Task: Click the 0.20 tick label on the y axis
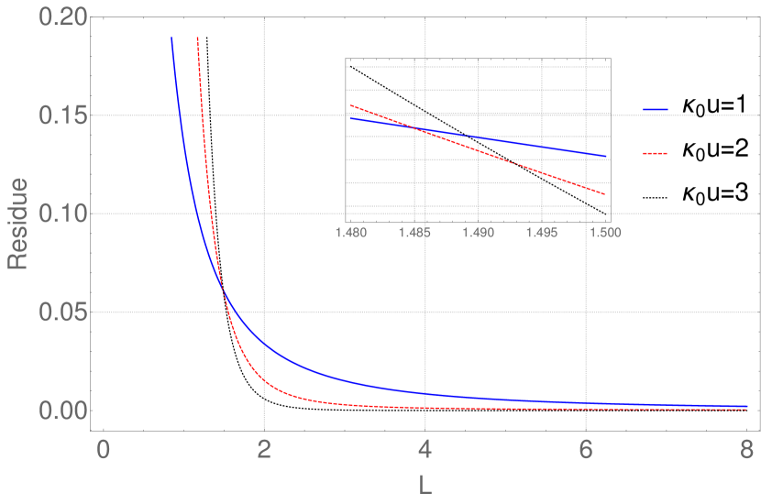[x=61, y=18]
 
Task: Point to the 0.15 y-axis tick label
[x=61, y=116]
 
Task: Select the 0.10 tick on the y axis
[x=61, y=214]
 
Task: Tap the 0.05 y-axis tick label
[x=61, y=312]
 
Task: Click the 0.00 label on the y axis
[x=61, y=411]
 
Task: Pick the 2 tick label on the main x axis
[x=264, y=450]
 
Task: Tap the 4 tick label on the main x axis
[x=425, y=450]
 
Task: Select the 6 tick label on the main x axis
[x=586, y=450]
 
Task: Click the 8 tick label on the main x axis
[x=746, y=450]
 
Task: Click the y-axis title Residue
[x=17, y=224]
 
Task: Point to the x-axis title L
[x=425, y=487]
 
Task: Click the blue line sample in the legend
[x=656, y=110]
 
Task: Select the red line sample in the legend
[x=656, y=153]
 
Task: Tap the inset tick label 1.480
[x=349, y=233]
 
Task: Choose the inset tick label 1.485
[x=414, y=233]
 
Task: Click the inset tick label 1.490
[x=478, y=233]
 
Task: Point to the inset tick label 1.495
[x=542, y=233]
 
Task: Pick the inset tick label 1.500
[x=605, y=233]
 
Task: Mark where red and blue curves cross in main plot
[x=223, y=292]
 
